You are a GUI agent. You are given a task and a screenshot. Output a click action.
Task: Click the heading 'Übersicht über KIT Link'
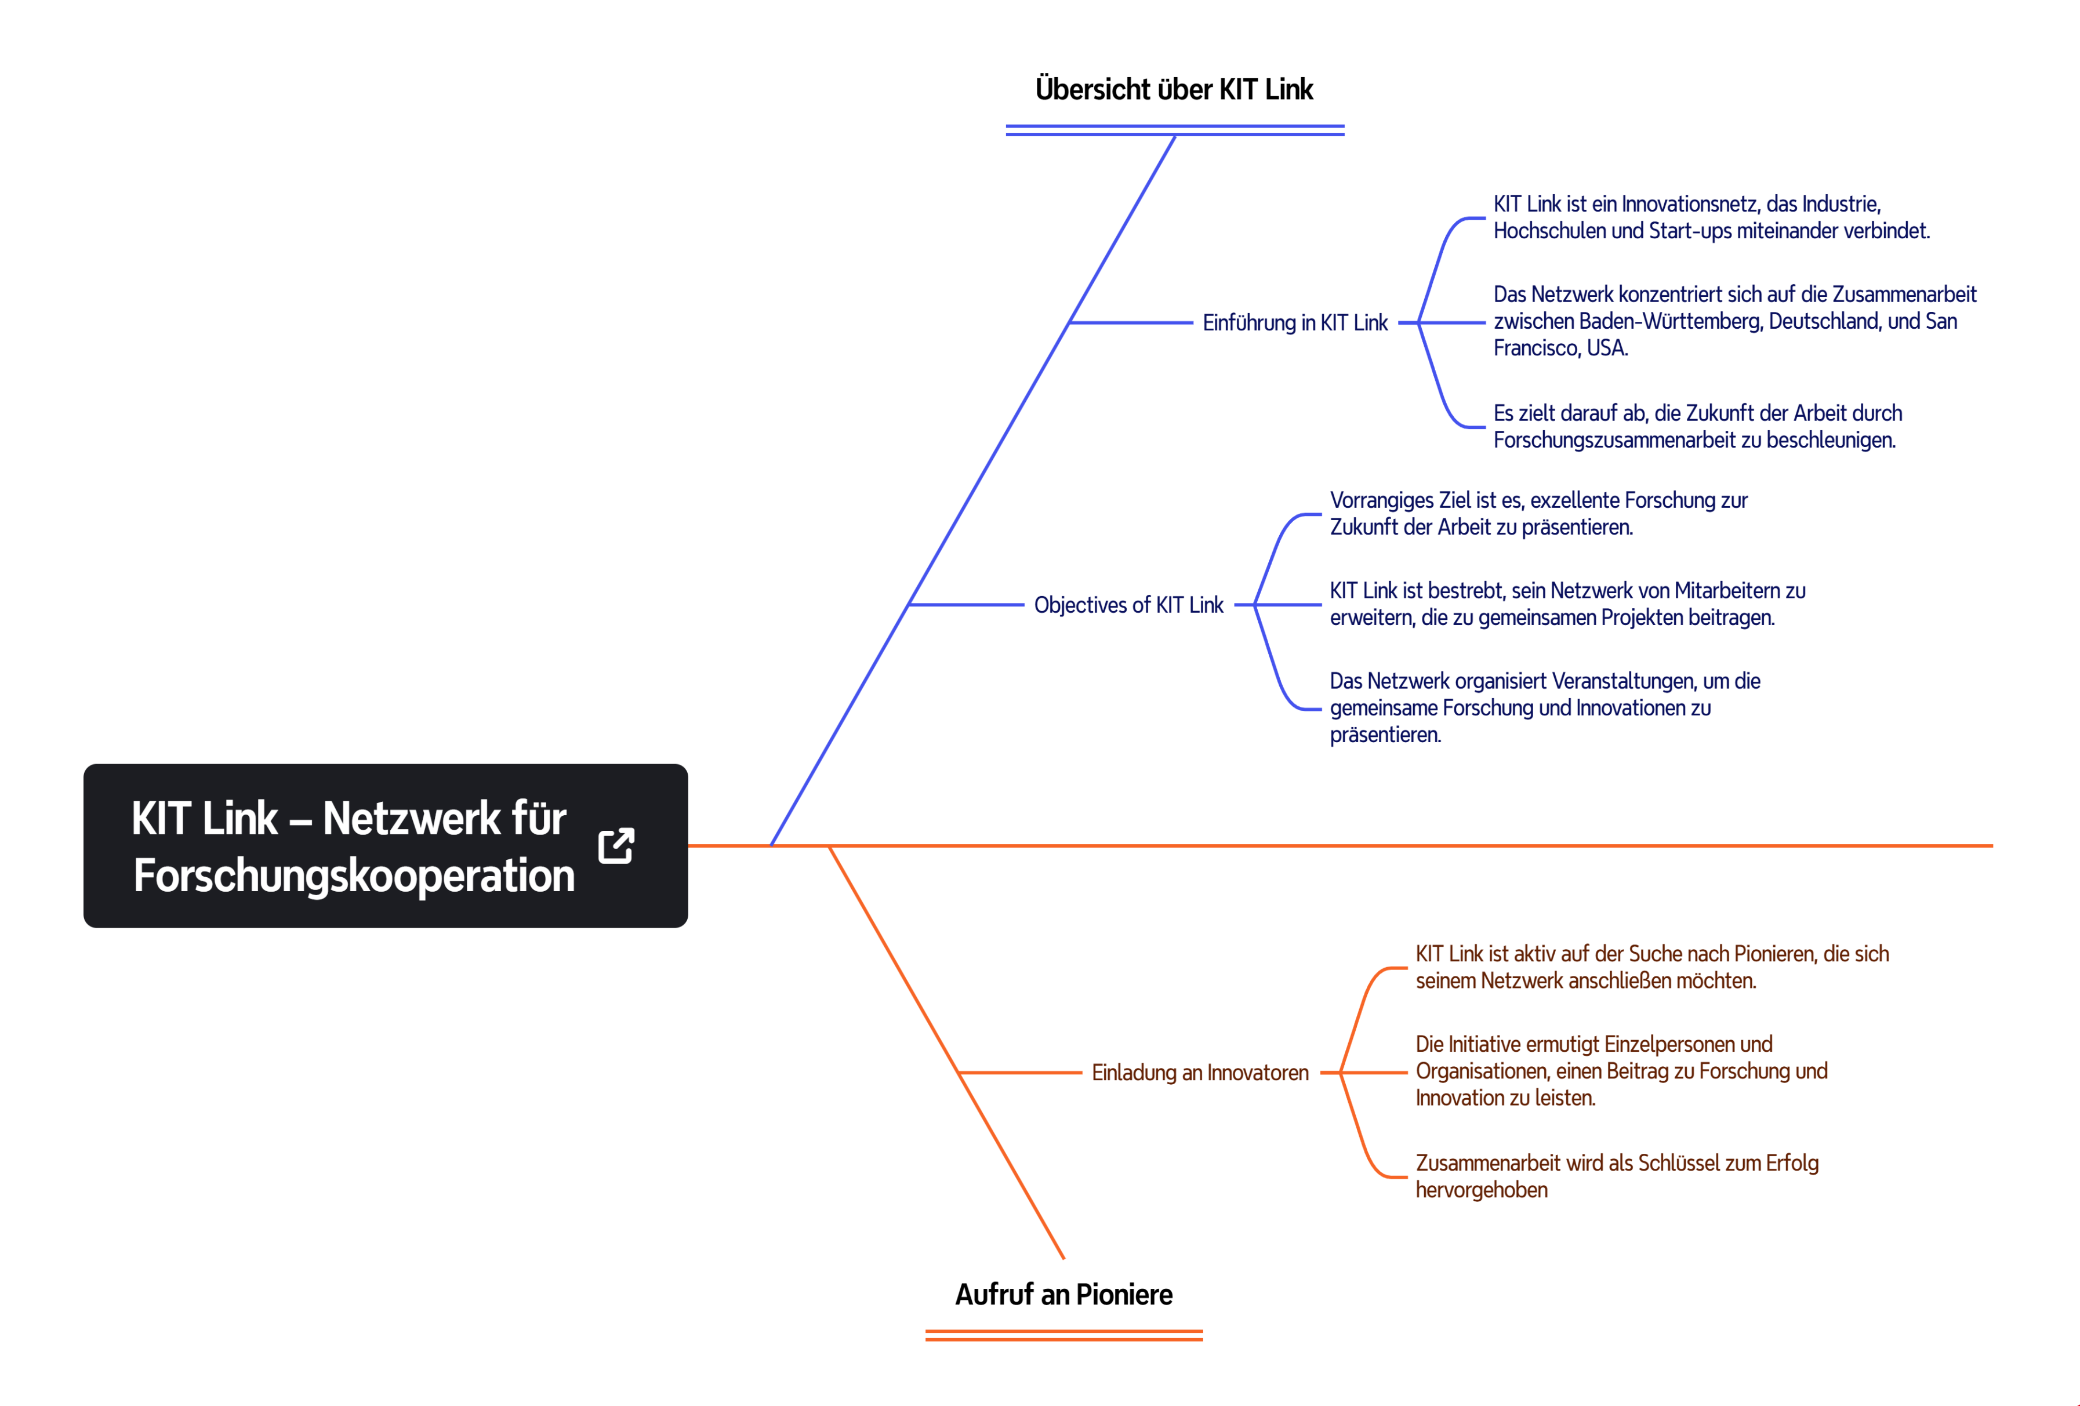coord(1174,89)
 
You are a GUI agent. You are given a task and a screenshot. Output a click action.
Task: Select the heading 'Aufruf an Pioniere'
coord(1063,1294)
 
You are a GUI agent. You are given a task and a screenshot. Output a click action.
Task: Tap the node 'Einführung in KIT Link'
coord(1295,322)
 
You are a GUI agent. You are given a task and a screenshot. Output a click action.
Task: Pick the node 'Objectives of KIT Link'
coord(1128,605)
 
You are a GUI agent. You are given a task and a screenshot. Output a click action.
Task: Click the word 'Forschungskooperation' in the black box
coord(354,876)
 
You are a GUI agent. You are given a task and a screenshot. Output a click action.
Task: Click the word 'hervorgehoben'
coord(1481,1190)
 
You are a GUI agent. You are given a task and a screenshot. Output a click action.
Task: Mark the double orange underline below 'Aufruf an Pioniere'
coord(1063,1335)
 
